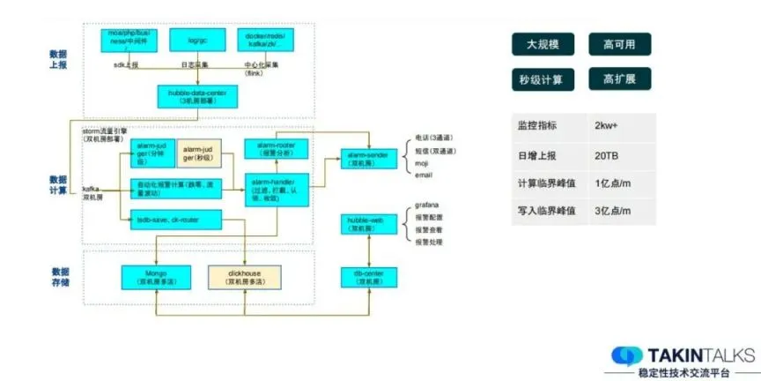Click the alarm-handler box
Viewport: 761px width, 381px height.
[275, 187]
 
